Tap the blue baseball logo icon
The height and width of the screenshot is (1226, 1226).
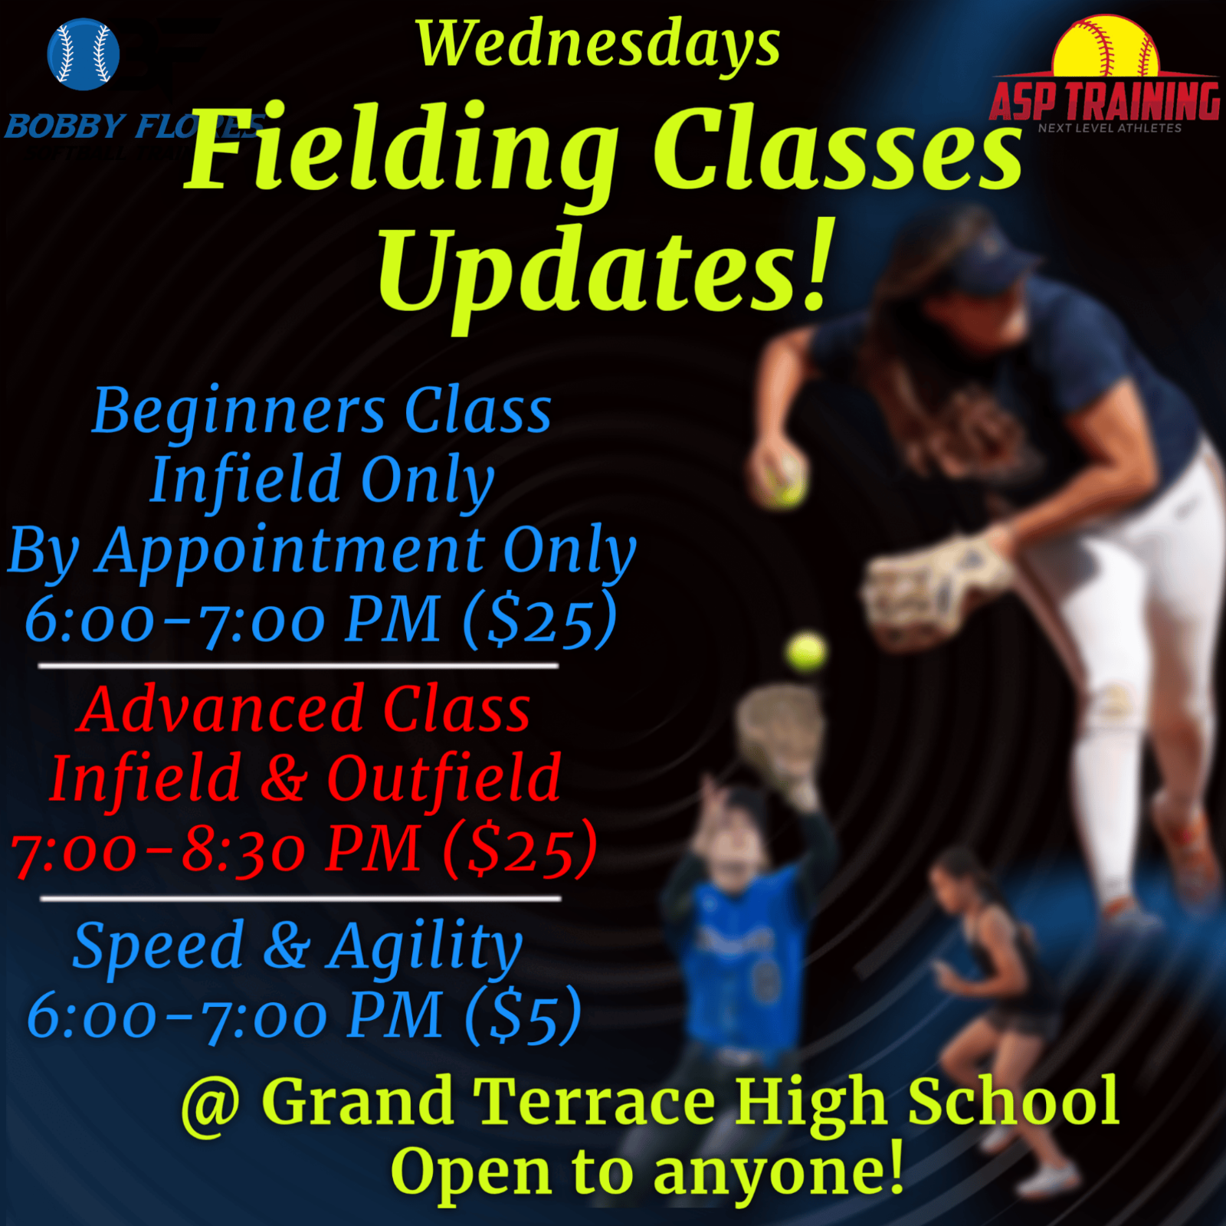[x=84, y=54]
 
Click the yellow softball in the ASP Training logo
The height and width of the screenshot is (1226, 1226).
[x=1106, y=48]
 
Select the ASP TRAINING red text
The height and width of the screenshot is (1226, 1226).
[x=1104, y=100]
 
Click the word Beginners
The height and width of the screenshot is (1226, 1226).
[x=239, y=413]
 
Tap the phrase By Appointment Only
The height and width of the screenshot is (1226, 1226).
[x=322, y=550]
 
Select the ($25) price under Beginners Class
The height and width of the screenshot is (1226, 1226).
[x=539, y=619]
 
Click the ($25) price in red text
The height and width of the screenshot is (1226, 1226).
[x=520, y=849]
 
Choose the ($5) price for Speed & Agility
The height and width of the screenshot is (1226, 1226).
[x=523, y=1015]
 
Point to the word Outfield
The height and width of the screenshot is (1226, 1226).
[x=444, y=778]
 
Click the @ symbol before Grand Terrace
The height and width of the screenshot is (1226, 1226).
[x=211, y=1103]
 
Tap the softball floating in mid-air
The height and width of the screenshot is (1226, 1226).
[x=806, y=652]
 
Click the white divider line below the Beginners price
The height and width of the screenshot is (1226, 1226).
[x=298, y=666]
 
